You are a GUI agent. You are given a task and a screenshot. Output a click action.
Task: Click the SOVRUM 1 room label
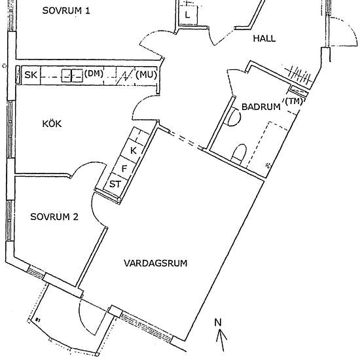click(x=66, y=10)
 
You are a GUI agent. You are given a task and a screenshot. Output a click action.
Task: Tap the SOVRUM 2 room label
click(x=54, y=217)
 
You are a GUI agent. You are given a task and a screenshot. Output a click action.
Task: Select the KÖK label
click(x=52, y=124)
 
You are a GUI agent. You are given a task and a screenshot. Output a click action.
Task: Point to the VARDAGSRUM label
click(x=156, y=263)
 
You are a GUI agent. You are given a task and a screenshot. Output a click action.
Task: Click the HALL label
click(x=264, y=39)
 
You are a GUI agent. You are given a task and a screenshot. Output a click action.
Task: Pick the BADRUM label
click(x=261, y=107)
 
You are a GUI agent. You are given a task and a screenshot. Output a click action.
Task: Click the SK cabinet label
click(x=31, y=75)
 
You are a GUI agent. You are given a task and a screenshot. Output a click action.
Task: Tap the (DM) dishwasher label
click(x=94, y=74)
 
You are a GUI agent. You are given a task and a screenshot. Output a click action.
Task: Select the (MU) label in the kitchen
click(x=146, y=75)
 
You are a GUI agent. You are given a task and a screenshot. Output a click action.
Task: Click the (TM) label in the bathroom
click(x=294, y=101)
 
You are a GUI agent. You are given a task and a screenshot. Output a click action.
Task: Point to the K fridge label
click(x=134, y=151)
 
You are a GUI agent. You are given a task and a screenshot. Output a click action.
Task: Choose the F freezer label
click(x=124, y=169)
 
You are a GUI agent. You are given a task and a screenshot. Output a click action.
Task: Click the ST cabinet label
click(x=115, y=184)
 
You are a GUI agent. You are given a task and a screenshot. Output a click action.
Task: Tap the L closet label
click(x=188, y=15)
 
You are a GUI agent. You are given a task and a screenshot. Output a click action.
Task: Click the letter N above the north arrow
click(x=218, y=323)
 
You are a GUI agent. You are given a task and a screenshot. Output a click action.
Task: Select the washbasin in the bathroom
click(x=234, y=117)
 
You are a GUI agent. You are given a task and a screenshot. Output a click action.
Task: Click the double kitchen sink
click(x=72, y=76)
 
